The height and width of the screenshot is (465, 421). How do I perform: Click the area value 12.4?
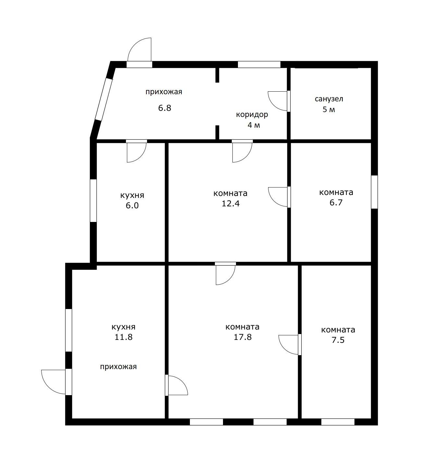tap(231, 203)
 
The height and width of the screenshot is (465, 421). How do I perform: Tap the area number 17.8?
tap(242, 337)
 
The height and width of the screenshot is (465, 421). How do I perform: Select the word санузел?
tap(329, 99)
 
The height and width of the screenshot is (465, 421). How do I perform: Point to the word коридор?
tap(252, 114)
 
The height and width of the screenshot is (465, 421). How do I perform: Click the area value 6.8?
tap(165, 108)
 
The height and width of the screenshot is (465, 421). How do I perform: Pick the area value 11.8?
tap(123, 337)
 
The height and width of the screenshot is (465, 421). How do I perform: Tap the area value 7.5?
tap(338, 340)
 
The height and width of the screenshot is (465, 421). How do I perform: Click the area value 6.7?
tap(336, 202)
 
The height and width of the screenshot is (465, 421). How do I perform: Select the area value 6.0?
tap(132, 206)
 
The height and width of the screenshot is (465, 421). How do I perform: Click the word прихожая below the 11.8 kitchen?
tap(118, 367)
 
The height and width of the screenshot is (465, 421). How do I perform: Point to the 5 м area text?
tap(329, 110)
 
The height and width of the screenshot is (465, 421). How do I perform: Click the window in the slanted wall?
tap(104, 99)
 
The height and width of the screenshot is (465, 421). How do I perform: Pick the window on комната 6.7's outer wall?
tap(375, 192)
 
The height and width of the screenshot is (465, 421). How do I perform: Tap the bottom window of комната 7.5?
tap(338, 422)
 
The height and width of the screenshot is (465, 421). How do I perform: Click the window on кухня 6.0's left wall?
tap(93, 201)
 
